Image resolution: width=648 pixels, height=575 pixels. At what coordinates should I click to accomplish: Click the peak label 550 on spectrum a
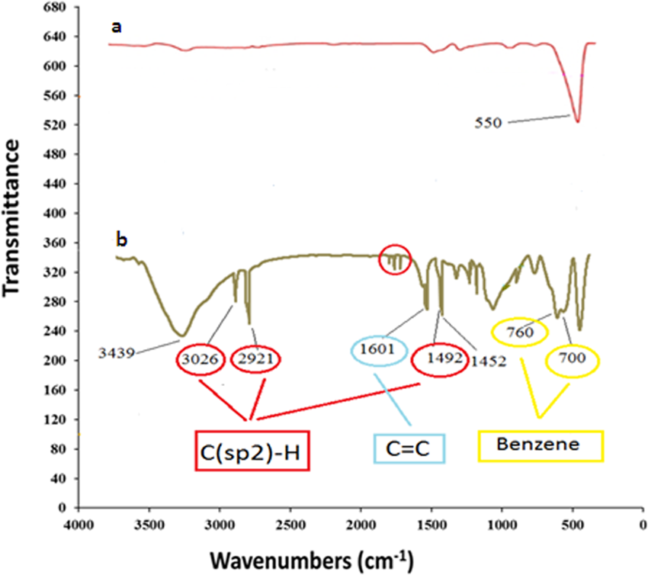(x=485, y=122)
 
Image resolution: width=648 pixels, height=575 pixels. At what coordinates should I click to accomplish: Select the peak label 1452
(x=488, y=361)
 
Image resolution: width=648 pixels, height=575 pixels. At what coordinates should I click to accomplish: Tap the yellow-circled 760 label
(x=520, y=332)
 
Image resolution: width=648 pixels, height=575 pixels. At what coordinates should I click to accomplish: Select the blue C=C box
(x=409, y=448)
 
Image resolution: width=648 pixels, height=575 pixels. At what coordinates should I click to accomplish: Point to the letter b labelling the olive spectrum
(x=121, y=240)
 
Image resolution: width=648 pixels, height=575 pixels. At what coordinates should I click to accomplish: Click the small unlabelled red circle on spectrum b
(x=395, y=260)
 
